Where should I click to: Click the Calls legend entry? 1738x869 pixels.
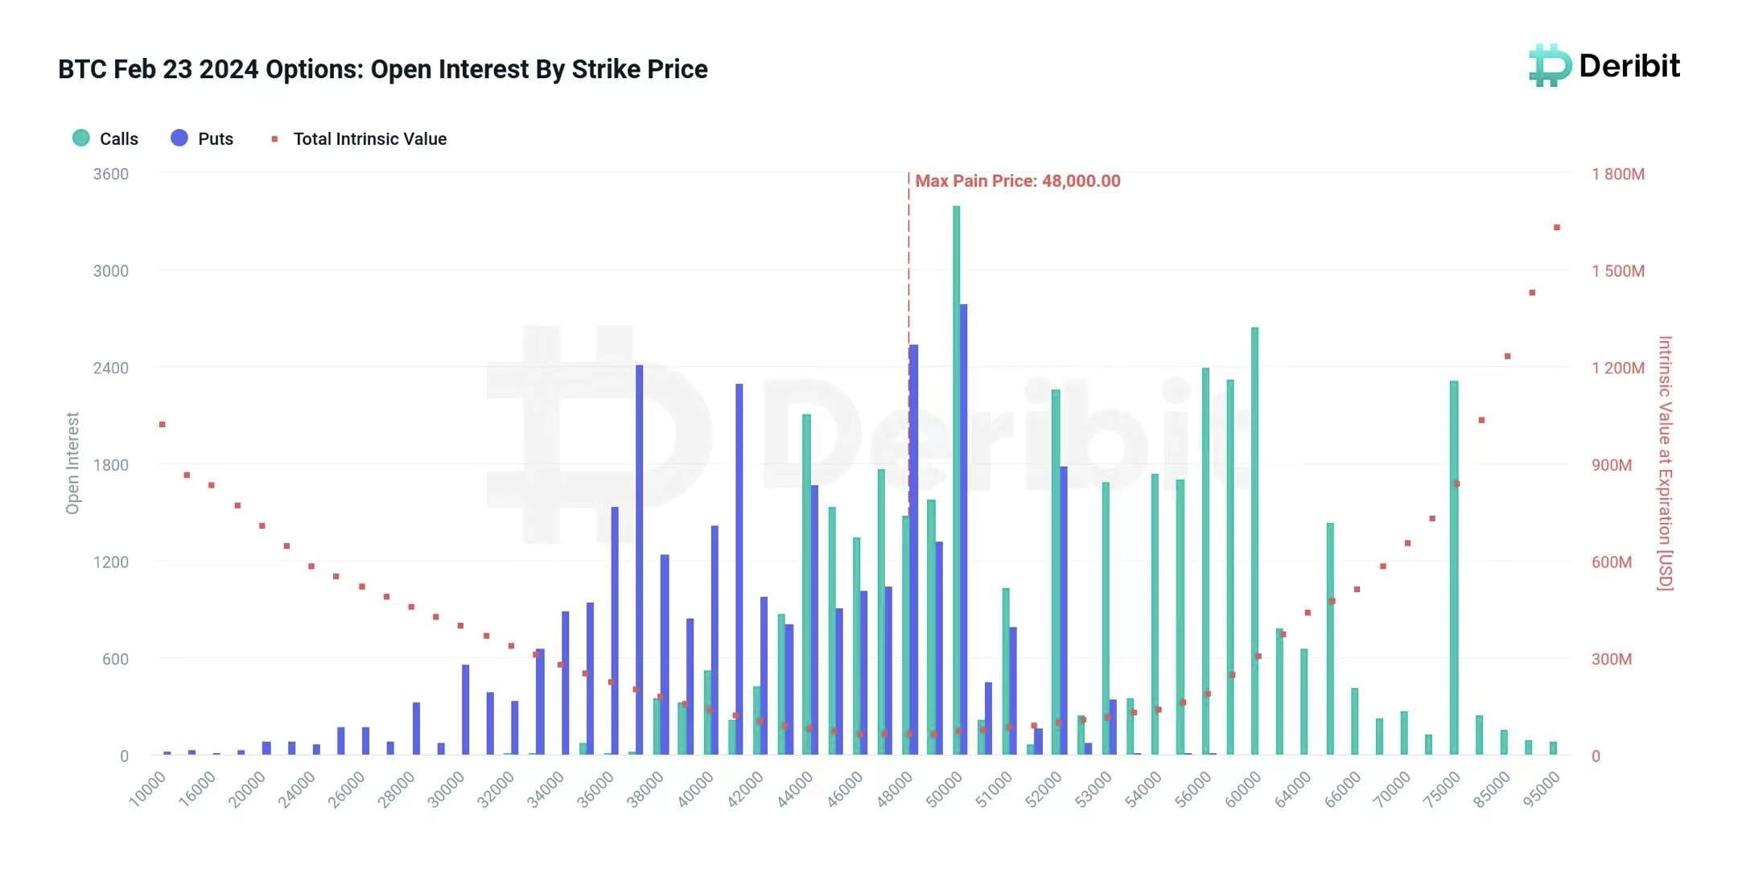pyautogui.click(x=105, y=138)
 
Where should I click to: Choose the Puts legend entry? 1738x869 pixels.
pyautogui.click(x=203, y=138)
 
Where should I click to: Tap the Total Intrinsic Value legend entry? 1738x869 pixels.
pyautogui.click(x=359, y=138)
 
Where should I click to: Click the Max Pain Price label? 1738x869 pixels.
pyautogui.click(x=1017, y=181)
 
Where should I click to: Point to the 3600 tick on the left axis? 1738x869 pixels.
pyautogui.click(x=111, y=175)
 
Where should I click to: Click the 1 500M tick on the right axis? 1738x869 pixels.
pyautogui.click(x=1617, y=271)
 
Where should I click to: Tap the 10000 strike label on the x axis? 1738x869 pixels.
pyautogui.click(x=148, y=788)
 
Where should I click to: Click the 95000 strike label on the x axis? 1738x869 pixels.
pyautogui.click(x=1541, y=788)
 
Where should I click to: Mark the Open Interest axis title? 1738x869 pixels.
pyautogui.click(x=72, y=463)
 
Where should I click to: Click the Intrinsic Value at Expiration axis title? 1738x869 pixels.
pyautogui.click(x=1665, y=463)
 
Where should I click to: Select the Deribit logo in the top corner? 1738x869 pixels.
pyautogui.click(x=1604, y=66)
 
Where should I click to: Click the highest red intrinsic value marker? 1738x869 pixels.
pyautogui.click(x=1557, y=228)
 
